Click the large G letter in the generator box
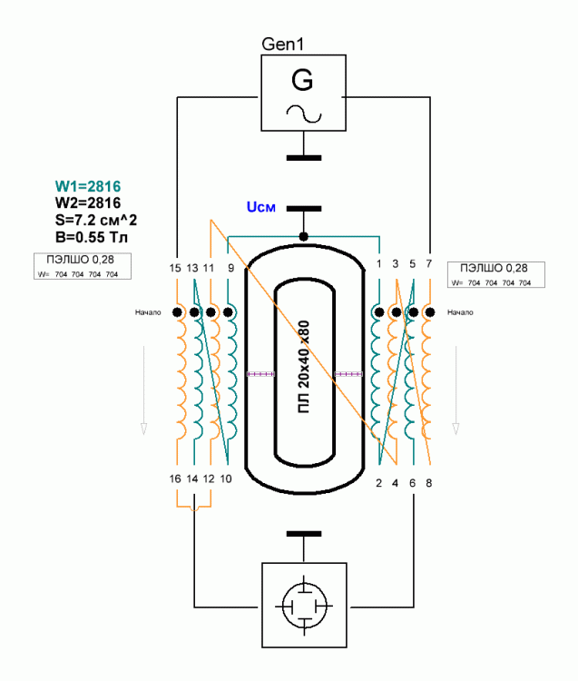(302, 82)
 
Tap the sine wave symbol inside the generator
(302, 113)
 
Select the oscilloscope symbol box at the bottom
(303, 604)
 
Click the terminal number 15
(175, 269)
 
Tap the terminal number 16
(175, 479)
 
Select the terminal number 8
(429, 483)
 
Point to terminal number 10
(226, 479)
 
